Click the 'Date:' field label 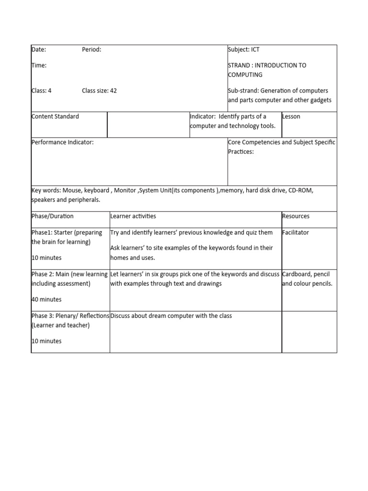point(39,49)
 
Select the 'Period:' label point(92,49)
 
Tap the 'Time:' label point(39,65)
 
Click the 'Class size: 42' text point(99,91)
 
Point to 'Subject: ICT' point(244,49)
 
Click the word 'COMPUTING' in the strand point(245,75)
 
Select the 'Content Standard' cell point(55,117)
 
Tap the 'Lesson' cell point(291,117)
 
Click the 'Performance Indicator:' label point(62,142)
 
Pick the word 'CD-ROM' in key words point(300,190)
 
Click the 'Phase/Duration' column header point(53,216)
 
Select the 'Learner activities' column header point(133,216)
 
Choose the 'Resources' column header point(296,216)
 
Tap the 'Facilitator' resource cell point(296,233)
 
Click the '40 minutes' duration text point(46,300)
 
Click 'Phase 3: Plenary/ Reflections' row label point(70,316)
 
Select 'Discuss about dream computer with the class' point(171,316)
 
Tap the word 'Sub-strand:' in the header point(243,91)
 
